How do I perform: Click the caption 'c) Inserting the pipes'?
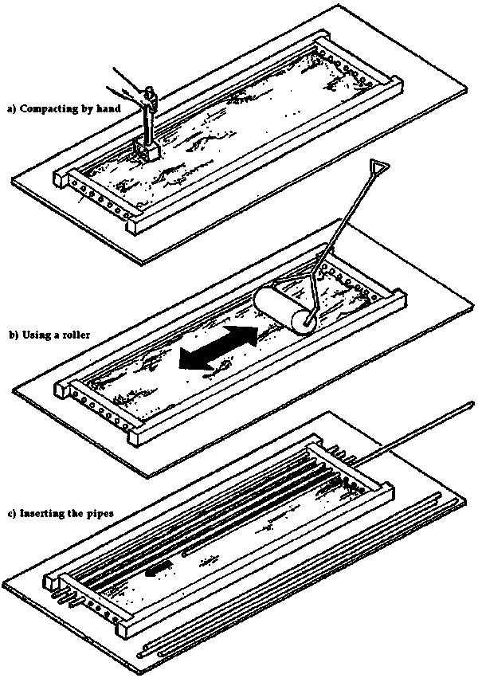[60, 513]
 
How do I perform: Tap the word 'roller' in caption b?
[80, 335]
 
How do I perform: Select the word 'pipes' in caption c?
[99, 513]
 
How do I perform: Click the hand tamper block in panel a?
[147, 148]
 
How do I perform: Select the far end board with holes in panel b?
[359, 283]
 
